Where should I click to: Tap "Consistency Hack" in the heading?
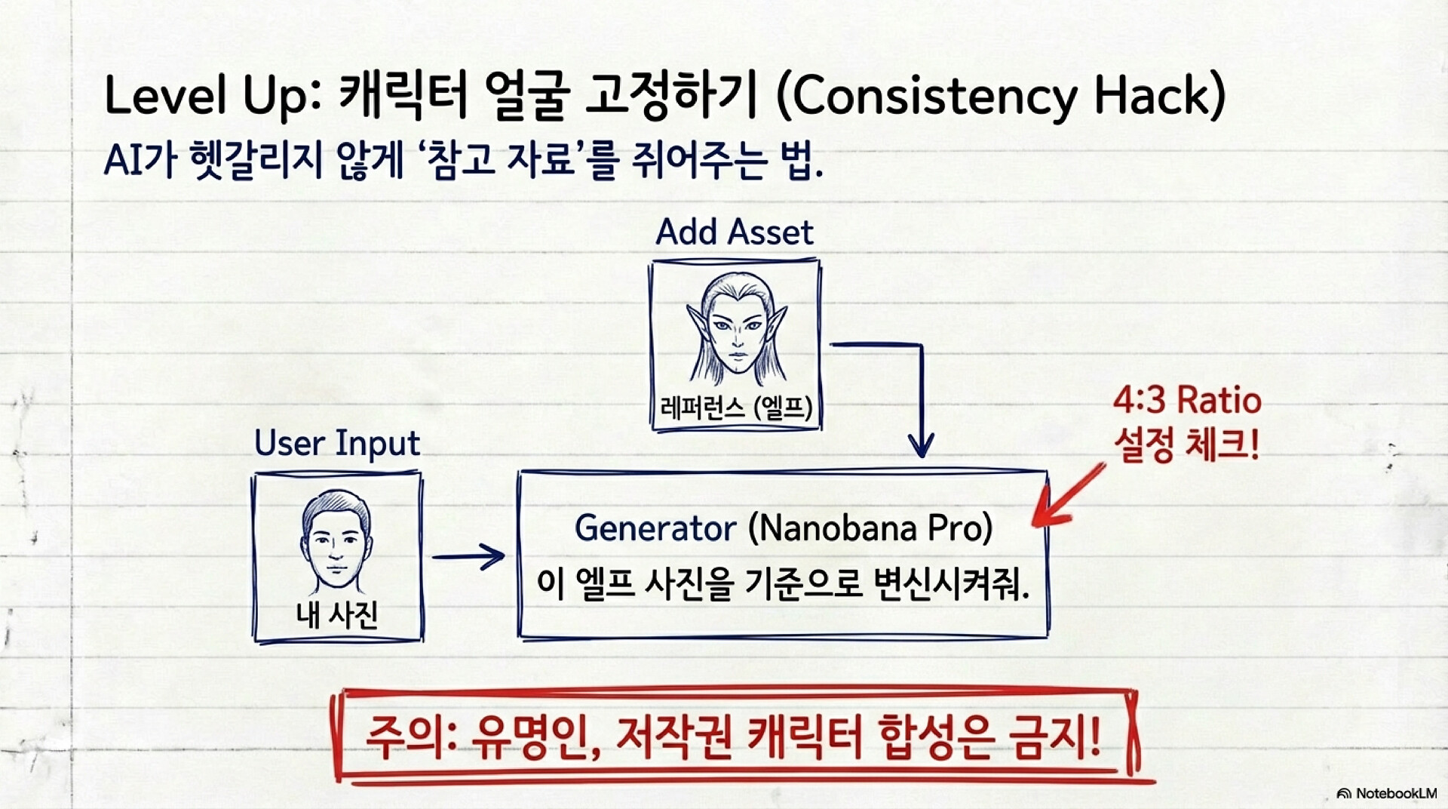(x=1000, y=97)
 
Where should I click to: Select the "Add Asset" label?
(x=735, y=232)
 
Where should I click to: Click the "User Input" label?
(x=336, y=444)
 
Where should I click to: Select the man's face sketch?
(x=336, y=542)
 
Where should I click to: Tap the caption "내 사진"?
(x=336, y=614)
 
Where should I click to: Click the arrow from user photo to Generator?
(x=468, y=557)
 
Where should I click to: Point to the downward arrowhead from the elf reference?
(x=921, y=446)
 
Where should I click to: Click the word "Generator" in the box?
(x=655, y=528)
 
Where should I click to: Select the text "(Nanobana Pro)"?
(x=870, y=528)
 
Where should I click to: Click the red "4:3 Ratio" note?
(x=1187, y=400)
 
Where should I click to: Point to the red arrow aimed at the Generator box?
(x=1068, y=495)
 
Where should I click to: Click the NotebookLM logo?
(x=1386, y=793)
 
